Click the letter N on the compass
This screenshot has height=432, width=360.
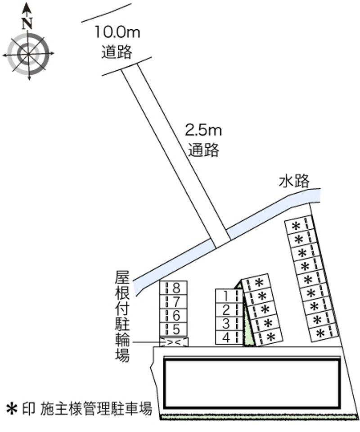point(27,23)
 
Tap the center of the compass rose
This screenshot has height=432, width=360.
point(28,54)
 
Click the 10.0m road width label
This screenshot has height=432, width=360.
point(117,32)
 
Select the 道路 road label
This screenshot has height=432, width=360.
point(117,51)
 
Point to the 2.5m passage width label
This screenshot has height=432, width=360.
point(203,130)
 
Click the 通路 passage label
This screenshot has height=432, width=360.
point(204,150)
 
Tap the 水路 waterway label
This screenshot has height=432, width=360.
point(294,181)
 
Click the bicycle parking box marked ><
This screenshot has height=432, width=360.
point(174,342)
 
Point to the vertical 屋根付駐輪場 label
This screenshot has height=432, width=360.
point(122,317)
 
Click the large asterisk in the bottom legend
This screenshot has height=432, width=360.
point(12,409)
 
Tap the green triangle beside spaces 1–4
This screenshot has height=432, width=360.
point(247,319)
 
